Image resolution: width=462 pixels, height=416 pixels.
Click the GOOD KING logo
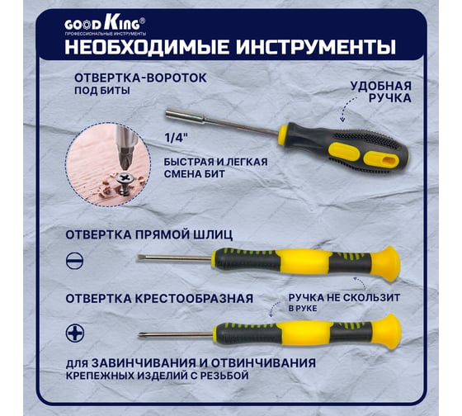tap(105, 25)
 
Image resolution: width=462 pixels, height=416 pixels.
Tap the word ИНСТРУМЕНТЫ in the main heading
tap(315, 47)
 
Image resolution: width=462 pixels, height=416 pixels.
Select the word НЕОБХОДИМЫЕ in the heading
tap(147, 47)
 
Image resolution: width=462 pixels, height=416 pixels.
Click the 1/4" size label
tap(176, 138)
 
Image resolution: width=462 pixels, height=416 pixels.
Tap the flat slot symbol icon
tap(74, 261)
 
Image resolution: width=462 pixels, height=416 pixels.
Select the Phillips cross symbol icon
tap(75, 333)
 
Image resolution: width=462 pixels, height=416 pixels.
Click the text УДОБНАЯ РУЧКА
tap(380, 92)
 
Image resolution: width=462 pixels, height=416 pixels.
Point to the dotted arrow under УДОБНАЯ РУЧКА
tap(346, 107)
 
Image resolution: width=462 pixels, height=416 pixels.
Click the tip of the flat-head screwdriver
tap(137, 258)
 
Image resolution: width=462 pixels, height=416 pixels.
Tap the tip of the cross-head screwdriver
tap(139, 335)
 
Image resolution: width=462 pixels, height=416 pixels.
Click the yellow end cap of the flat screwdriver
tap(386, 263)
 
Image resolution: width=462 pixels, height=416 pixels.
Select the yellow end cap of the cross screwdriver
tap(387, 331)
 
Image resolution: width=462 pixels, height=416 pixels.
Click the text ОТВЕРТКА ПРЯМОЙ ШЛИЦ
tap(149, 235)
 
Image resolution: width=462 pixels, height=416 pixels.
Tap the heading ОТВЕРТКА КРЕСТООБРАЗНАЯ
tap(159, 299)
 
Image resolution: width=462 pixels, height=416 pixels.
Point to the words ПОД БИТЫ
tap(102, 91)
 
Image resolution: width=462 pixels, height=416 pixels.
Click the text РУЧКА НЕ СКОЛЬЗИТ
tap(344, 297)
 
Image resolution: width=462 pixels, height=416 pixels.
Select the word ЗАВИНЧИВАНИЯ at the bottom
tap(144, 363)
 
